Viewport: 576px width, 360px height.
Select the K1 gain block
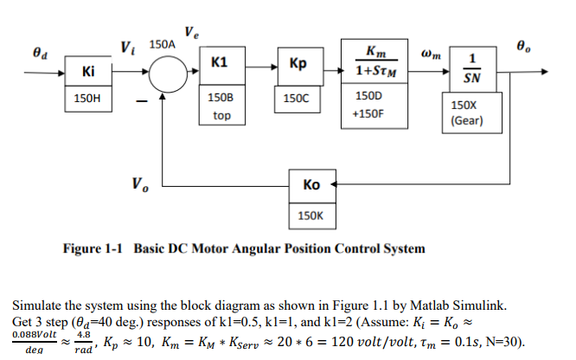(220, 63)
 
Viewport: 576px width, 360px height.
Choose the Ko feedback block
(312, 185)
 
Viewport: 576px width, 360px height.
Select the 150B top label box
(220, 106)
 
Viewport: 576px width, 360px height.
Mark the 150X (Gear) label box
(470, 112)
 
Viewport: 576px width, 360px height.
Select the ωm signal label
(431, 54)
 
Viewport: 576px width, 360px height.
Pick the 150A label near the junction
(163, 42)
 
